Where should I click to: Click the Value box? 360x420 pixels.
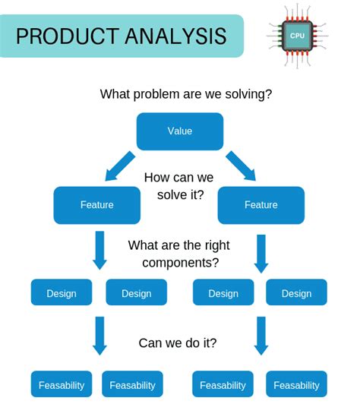(x=180, y=131)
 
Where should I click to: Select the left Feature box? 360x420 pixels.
(x=96, y=205)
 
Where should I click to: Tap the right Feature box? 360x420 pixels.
(x=261, y=205)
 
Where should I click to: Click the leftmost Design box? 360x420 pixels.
(x=62, y=293)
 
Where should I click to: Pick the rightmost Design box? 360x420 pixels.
(x=296, y=293)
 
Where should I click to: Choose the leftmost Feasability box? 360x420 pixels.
(x=62, y=384)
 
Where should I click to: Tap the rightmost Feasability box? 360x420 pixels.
(x=296, y=384)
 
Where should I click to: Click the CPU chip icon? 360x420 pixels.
(x=297, y=36)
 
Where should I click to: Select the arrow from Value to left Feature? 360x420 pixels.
(x=119, y=166)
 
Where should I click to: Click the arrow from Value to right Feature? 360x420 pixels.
(x=241, y=166)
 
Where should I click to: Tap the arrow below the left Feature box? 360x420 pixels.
(x=99, y=251)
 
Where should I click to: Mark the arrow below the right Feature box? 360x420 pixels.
(x=261, y=253)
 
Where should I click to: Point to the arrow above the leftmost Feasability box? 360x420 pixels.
(x=99, y=336)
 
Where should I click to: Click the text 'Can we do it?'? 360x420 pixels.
(x=178, y=343)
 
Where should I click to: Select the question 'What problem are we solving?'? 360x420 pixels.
(x=186, y=94)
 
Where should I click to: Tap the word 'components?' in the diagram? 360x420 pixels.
(x=180, y=263)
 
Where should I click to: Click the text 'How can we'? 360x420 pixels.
(x=178, y=178)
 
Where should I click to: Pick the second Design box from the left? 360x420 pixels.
(x=136, y=293)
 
